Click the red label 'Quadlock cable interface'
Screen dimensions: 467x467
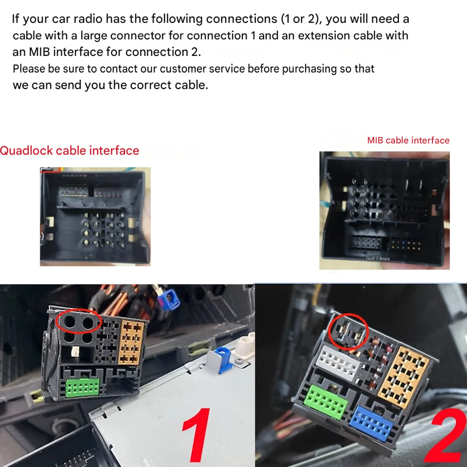69,151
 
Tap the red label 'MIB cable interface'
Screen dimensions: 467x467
408,140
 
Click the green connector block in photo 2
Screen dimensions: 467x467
326,402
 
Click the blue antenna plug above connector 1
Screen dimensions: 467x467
167,298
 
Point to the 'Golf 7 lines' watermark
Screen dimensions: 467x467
378,259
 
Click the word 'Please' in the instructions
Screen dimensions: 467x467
29,69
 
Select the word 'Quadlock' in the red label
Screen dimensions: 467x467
27,151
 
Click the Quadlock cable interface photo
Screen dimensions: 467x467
95,217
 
